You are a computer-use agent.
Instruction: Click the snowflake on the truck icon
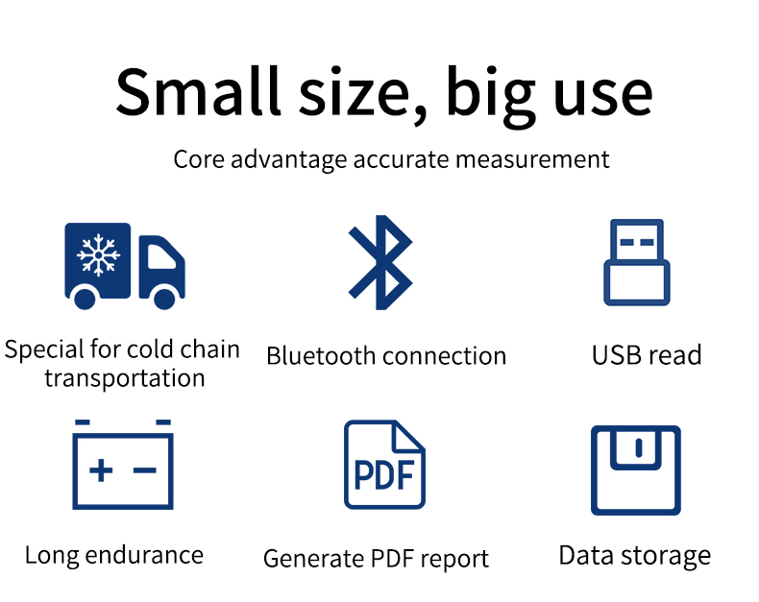(99, 255)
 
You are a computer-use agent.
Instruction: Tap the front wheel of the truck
(164, 298)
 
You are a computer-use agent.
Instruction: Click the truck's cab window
(161, 257)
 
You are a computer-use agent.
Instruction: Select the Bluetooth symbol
(380, 262)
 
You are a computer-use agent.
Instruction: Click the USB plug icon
(637, 262)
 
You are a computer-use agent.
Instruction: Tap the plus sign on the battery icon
(101, 470)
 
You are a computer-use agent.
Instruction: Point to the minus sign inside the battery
(145, 470)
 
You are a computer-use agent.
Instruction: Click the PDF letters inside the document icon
(384, 474)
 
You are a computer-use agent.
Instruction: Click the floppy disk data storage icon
(636, 470)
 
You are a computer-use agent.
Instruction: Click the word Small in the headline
(198, 91)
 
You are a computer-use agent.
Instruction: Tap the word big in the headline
(490, 97)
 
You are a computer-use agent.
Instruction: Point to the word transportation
(124, 378)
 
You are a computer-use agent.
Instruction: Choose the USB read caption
(647, 354)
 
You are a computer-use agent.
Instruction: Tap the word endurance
(144, 555)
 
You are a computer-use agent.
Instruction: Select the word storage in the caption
(666, 557)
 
